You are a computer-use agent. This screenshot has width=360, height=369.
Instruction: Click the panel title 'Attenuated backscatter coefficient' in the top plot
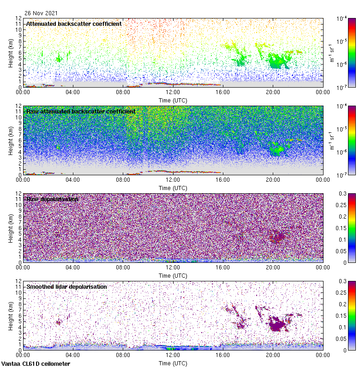coord(74,24)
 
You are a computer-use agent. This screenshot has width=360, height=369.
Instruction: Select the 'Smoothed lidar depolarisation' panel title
coord(66,286)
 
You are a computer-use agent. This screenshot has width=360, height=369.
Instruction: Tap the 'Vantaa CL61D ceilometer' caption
coord(36,364)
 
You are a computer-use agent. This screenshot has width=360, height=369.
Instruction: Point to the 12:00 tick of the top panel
coord(173,92)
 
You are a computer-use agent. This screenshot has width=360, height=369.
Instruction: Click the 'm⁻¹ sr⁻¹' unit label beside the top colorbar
coord(331,52)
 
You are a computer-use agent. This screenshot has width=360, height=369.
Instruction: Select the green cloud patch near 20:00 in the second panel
coord(277,149)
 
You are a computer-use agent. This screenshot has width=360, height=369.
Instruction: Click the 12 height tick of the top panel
coord(18,18)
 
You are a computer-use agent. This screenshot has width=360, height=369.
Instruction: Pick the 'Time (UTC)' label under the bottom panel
coord(173,363)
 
